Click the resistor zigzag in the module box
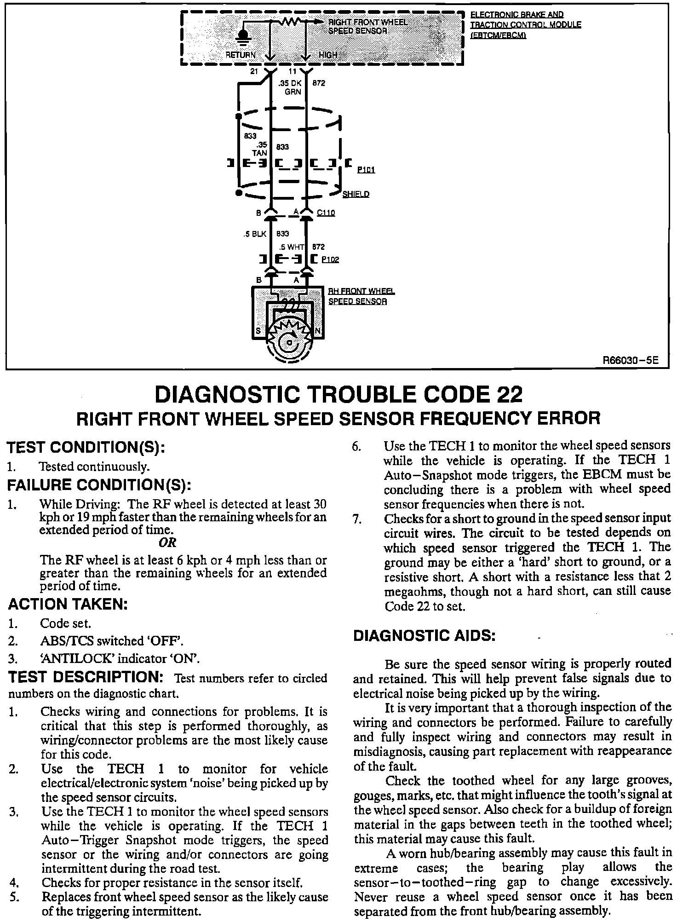coord(293,22)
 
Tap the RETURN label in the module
coord(240,55)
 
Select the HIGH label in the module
coord(328,55)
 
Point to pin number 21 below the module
coord(254,71)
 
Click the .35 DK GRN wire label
coord(290,87)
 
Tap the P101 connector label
coord(366,170)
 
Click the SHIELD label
coord(356,194)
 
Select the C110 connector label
coord(326,213)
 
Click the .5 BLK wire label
coord(255,234)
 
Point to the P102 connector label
coord(330,259)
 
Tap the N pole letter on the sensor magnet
coord(317,331)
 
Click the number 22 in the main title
coord(509,395)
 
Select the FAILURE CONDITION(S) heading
coord(99,485)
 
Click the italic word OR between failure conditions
coord(167,543)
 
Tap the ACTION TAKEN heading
coord(68,604)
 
